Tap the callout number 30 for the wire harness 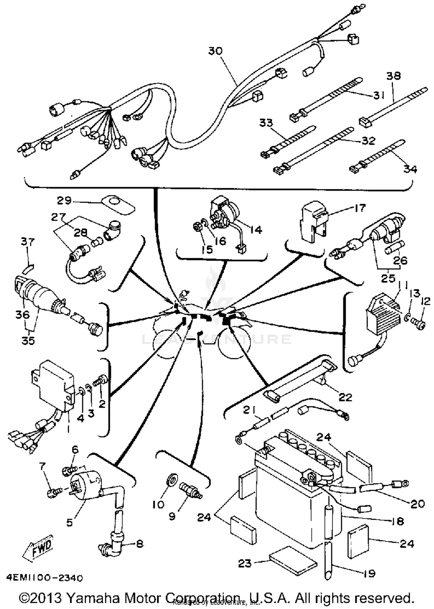pyautogui.click(x=216, y=51)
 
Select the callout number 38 pyautogui.click(x=393, y=76)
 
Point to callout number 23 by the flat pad pyautogui.click(x=244, y=563)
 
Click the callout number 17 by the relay pyautogui.click(x=360, y=208)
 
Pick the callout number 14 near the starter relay pyautogui.click(x=256, y=230)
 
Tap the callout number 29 pyautogui.click(x=64, y=200)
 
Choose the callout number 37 pyautogui.click(x=28, y=241)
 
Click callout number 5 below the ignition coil pyautogui.click(x=69, y=522)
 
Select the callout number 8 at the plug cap pyautogui.click(x=139, y=544)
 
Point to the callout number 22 pyautogui.click(x=345, y=397)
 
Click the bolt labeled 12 pyautogui.click(x=418, y=326)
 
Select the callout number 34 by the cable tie pyautogui.click(x=410, y=169)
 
